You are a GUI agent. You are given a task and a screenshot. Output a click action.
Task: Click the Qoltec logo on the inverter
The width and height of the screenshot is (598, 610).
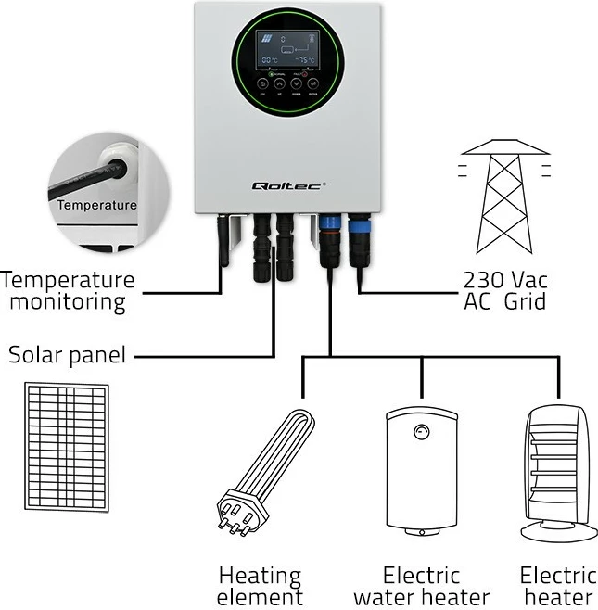(288, 185)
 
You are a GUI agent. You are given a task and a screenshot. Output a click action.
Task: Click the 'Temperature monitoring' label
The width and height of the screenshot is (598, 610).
(69, 290)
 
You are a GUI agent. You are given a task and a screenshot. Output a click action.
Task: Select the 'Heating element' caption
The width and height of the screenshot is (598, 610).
(260, 586)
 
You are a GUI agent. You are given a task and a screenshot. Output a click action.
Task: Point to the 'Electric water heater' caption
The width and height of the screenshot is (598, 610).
(421, 586)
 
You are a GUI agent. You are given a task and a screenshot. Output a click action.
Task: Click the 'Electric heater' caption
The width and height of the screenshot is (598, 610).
(556, 586)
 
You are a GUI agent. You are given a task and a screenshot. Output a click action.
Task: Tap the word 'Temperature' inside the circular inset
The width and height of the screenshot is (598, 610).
(95, 205)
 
